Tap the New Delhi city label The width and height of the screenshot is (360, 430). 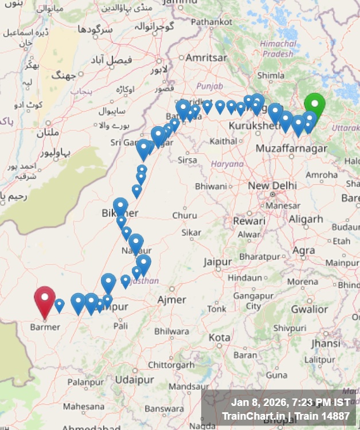click(x=272, y=186)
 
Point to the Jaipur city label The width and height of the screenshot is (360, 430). click(x=218, y=262)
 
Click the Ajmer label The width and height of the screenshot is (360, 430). click(x=172, y=300)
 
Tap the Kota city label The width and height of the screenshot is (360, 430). click(x=218, y=338)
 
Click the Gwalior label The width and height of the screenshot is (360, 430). click(x=310, y=309)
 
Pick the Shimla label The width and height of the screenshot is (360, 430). click(x=271, y=75)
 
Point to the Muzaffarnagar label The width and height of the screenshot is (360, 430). click(x=291, y=148)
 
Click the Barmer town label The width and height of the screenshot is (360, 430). click(x=45, y=327)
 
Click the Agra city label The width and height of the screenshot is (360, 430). click(x=304, y=251)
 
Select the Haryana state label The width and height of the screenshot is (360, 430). click(x=228, y=164)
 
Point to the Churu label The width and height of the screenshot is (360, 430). click(x=185, y=216)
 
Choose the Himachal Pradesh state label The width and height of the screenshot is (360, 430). click(x=278, y=48)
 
